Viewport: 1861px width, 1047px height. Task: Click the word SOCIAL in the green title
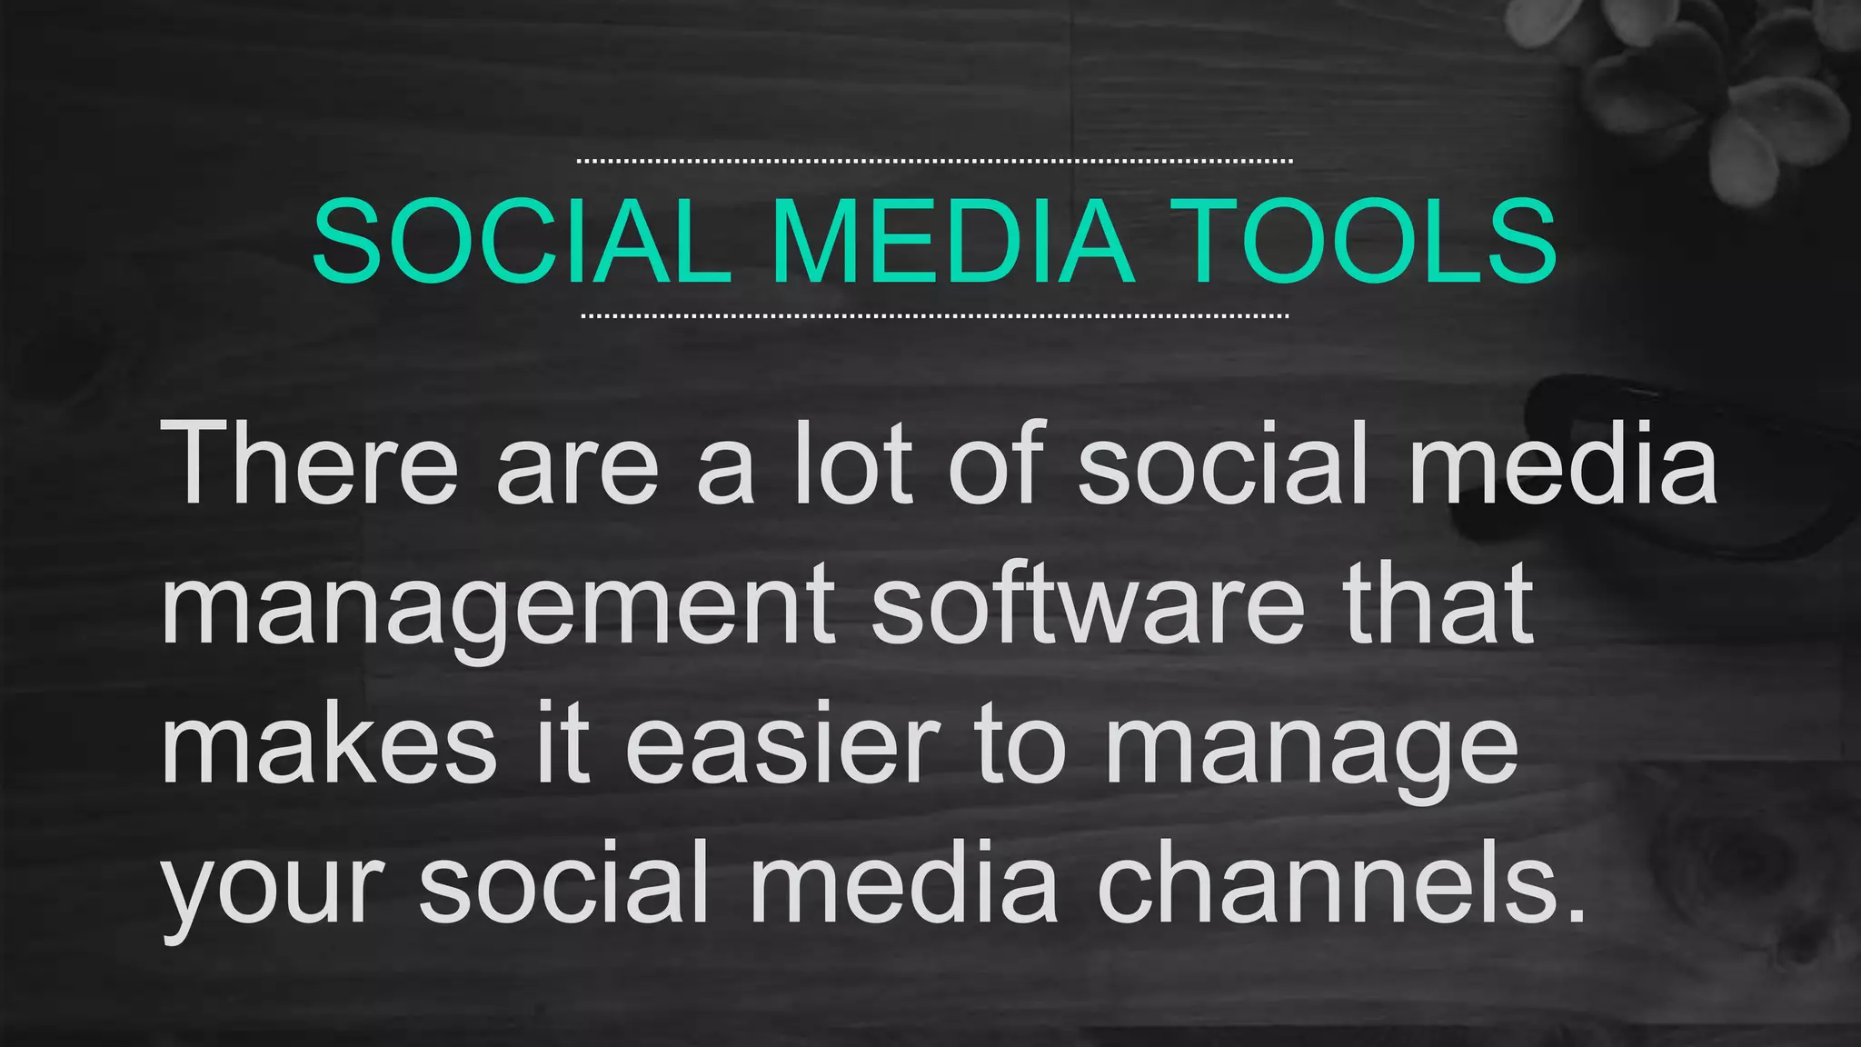(522, 242)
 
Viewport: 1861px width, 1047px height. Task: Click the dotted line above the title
(934, 161)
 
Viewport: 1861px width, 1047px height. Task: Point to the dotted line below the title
(934, 316)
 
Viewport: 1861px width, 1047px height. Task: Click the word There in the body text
(310, 464)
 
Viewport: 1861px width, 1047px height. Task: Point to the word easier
(781, 745)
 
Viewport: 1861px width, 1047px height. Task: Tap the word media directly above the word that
(1562, 464)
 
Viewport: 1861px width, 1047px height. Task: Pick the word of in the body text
(996, 464)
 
